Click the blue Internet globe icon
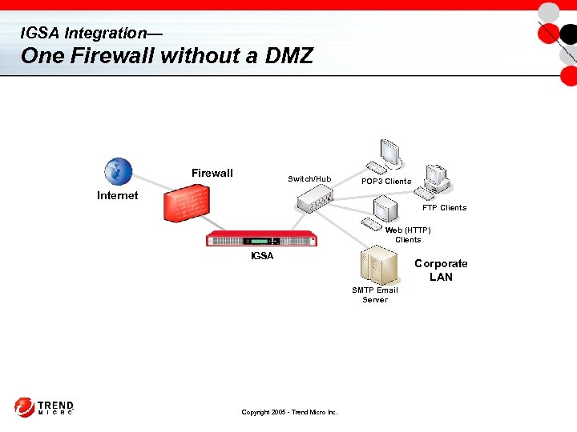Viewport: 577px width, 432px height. click(118, 171)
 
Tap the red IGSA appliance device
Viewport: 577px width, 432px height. click(262, 239)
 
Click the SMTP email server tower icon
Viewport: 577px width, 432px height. click(378, 266)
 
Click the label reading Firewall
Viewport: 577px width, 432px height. click(212, 174)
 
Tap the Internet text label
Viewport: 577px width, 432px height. click(117, 195)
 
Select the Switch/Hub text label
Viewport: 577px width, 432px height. click(309, 179)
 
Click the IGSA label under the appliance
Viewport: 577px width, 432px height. click(262, 256)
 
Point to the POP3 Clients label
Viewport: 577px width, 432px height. click(386, 182)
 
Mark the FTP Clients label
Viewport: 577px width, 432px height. click(444, 208)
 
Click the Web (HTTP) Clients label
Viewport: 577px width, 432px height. click(408, 234)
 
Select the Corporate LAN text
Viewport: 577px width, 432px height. click(441, 270)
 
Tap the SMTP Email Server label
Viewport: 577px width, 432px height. click(375, 295)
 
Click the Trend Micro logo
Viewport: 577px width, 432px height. click(44, 407)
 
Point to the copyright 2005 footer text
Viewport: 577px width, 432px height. click(289, 412)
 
